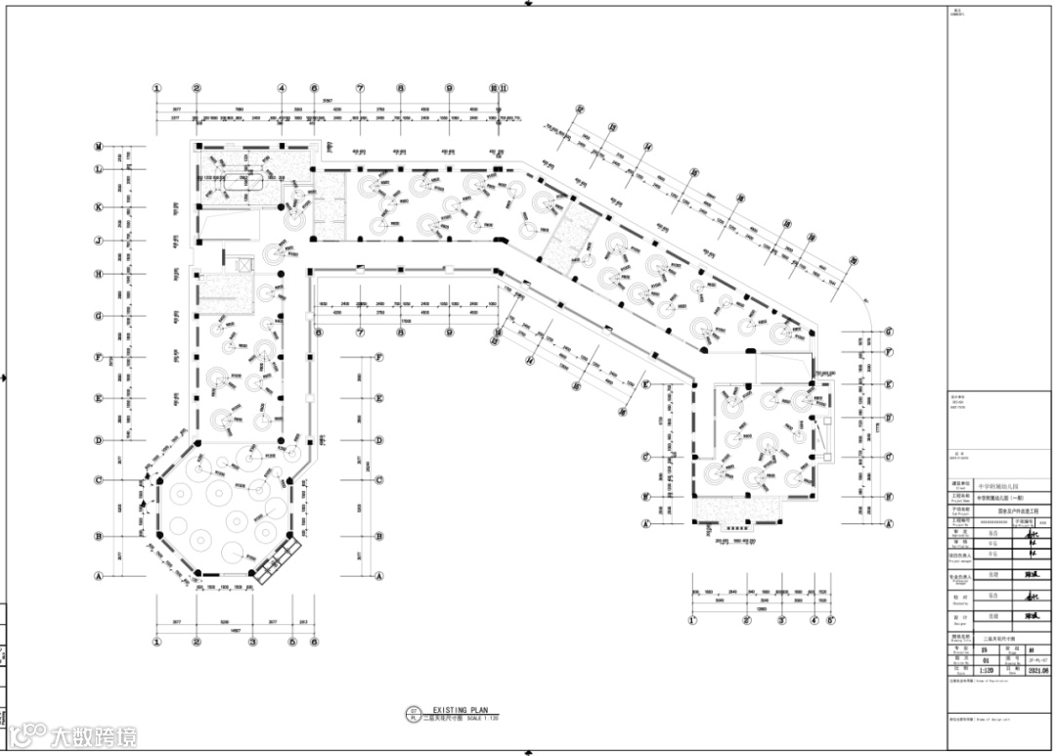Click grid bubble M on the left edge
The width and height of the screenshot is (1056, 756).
[x=99, y=147]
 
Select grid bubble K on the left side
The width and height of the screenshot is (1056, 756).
[x=99, y=207]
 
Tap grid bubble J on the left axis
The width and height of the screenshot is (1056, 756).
[x=99, y=241]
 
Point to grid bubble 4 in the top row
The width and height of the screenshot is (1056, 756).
[x=282, y=88]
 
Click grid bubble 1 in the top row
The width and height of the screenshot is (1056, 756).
[x=156, y=88]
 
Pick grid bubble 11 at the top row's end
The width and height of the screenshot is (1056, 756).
[x=504, y=88]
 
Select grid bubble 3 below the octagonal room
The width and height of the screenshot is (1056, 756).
[x=252, y=643]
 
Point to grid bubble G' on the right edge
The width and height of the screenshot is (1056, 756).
[x=888, y=332]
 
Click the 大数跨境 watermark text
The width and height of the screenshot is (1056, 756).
[x=94, y=736]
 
